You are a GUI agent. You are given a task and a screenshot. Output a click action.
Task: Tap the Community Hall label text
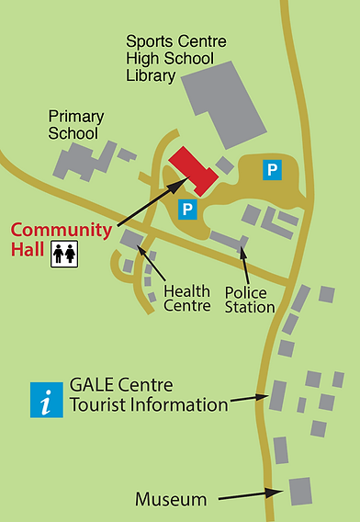click(61, 239)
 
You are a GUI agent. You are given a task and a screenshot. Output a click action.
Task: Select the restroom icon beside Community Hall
click(63, 255)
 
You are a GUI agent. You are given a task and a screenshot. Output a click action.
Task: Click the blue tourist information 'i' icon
click(47, 400)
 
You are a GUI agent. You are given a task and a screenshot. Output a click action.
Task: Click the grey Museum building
click(300, 491)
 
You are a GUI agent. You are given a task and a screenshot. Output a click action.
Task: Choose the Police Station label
click(250, 300)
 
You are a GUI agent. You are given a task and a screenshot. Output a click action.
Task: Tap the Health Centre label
click(187, 299)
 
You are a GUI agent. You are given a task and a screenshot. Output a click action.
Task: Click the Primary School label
click(76, 124)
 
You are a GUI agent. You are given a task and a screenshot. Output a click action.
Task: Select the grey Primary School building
click(79, 162)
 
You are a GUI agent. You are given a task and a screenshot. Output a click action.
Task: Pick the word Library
click(152, 75)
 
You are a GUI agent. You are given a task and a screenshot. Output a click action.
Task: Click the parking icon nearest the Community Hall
click(187, 210)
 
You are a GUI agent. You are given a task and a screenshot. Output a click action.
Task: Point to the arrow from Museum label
click(243, 496)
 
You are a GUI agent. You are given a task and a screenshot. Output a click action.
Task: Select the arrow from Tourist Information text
click(248, 400)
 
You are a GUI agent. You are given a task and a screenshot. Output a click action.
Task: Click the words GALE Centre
click(121, 385)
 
